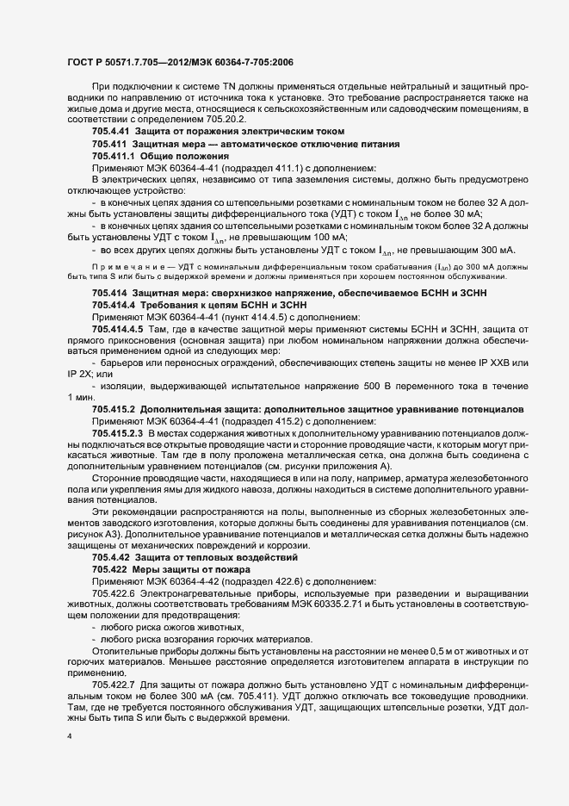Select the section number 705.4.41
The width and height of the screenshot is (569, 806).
[110, 130]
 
